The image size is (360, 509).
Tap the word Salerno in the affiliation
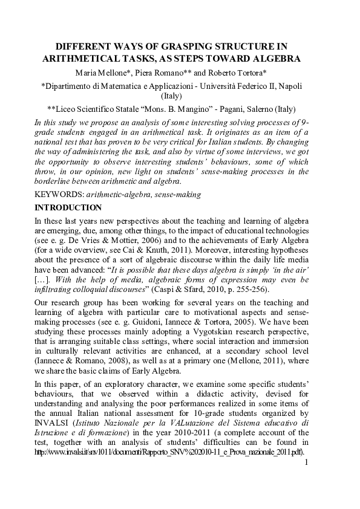coord(238,109)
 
